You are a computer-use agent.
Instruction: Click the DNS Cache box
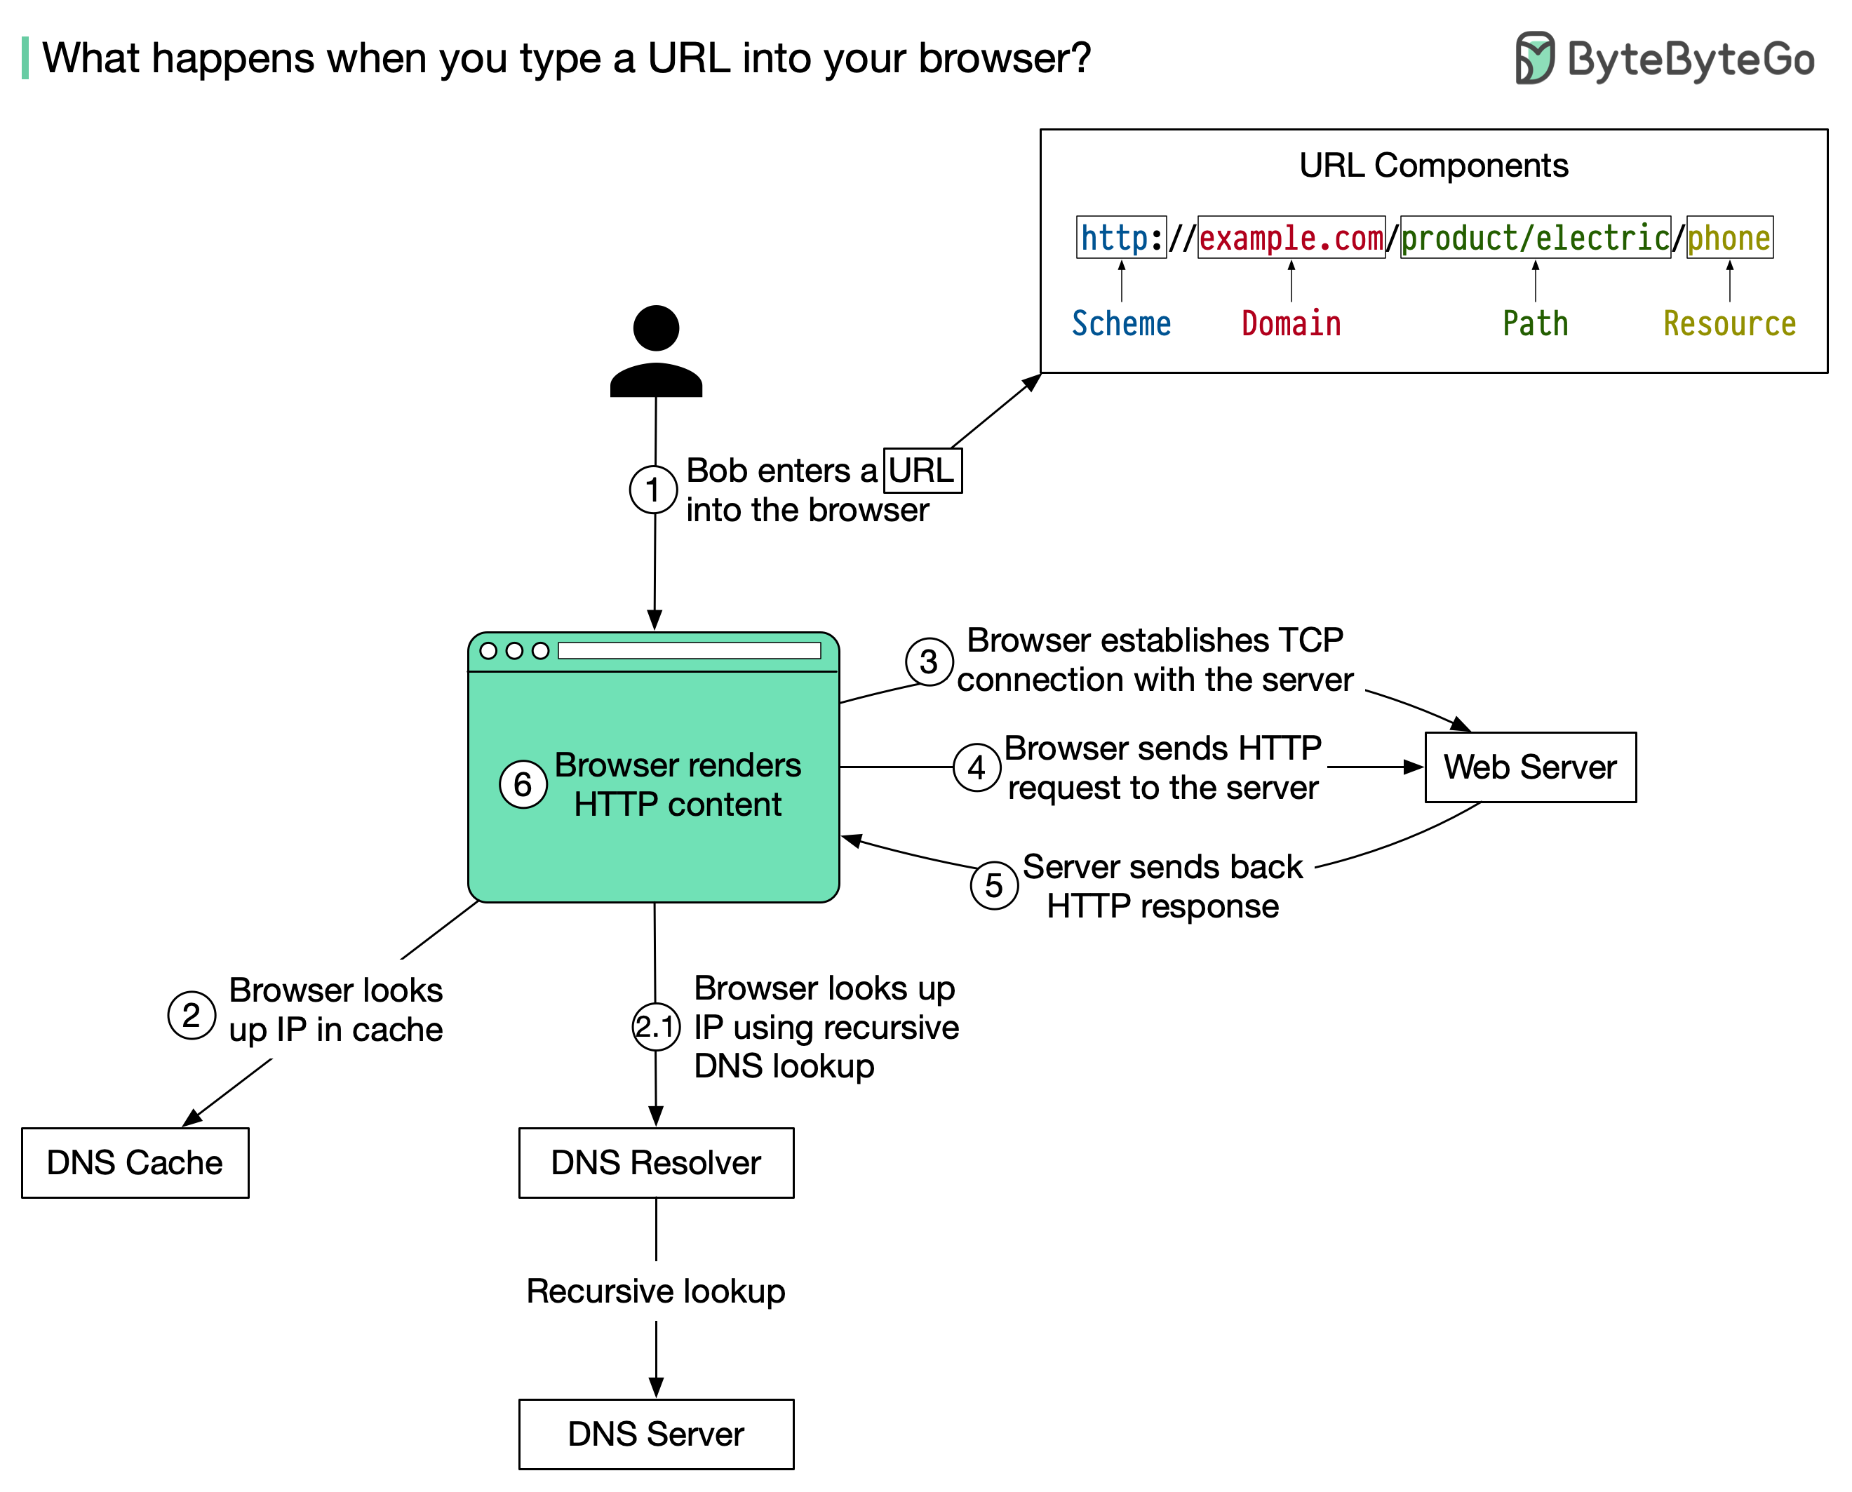tap(135, 1162)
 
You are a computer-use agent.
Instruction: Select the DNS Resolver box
tap(656, 1162)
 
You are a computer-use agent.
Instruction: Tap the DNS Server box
tap(656, 1434)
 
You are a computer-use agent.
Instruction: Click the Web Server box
tap(1530, 767)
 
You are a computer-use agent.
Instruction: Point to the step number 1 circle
tap(653, 490)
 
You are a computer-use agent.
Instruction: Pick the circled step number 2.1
tap(656, 1026)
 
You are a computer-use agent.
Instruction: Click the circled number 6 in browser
tap(523, 784)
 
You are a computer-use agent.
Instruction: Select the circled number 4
tap(977, 767)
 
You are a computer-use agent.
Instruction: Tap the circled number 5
tap(993, 885)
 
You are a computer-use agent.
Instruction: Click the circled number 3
tap(929, 661)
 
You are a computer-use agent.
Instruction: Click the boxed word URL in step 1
tap(922, 471)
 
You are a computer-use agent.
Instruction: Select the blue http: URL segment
tap(1120, 238)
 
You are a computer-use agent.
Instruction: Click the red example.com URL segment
tap(1291, 238)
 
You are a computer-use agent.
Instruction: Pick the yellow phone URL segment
tap(1729, 238)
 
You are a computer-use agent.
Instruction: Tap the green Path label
tap(1535, 324)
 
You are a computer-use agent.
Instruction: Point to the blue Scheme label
tap(1120, 324)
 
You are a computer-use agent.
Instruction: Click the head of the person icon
tap(656, 328)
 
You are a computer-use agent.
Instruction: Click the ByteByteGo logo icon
tap(1534, 58)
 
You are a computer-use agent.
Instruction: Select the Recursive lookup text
tap(656, 1291)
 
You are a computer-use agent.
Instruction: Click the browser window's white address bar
tap(689, 650)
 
